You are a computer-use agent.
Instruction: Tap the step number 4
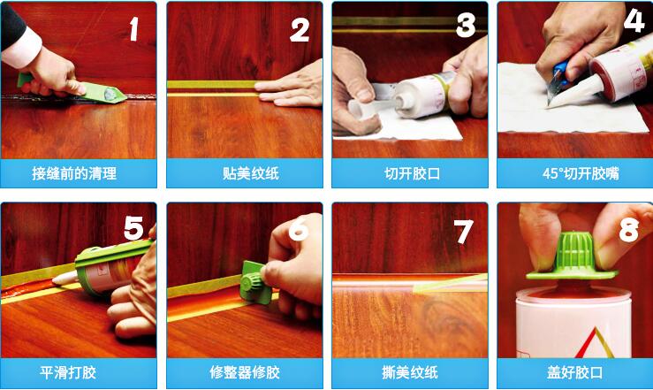[634, 19]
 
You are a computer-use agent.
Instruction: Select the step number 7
[463, 231]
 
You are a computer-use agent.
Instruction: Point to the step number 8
[628, 232]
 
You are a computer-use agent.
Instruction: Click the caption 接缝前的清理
[74, 173]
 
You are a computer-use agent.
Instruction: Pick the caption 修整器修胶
[244, 372]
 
